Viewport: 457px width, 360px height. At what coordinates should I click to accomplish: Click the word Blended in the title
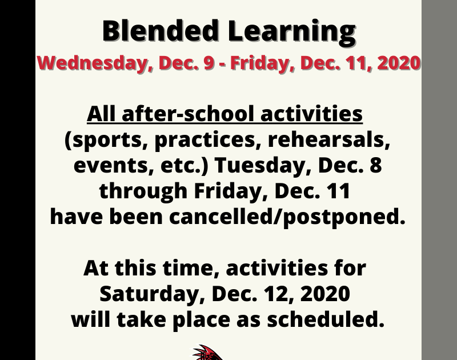[161, 31]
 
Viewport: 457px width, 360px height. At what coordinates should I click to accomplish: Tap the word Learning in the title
[292, 33]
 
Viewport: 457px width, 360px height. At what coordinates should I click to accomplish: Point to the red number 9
[209, 63]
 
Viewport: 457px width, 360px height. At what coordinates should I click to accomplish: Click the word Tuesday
[264, 166]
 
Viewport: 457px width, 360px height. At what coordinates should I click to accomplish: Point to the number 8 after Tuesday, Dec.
[376, 165]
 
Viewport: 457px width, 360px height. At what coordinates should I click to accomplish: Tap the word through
[143, 191]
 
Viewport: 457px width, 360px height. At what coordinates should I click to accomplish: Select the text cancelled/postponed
[287, 217]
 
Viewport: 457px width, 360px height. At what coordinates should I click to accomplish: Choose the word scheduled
[326, 319]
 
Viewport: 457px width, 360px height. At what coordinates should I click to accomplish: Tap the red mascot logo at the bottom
[207, 353]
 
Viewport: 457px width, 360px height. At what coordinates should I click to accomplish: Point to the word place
[201, 321]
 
